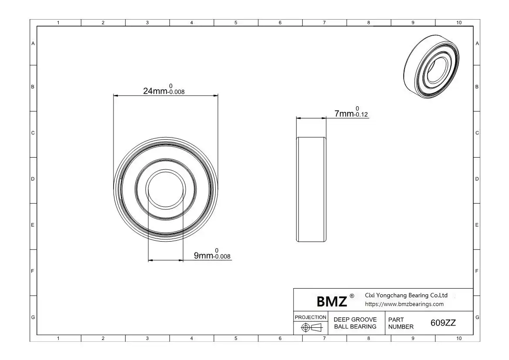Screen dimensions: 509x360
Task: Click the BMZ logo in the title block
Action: [332, 302]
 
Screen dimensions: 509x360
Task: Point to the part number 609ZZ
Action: [443, 323]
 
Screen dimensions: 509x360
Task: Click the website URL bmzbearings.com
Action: [404, 304]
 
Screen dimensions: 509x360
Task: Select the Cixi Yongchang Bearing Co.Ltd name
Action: [406, 295]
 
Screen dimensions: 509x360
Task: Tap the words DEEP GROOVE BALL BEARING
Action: [355, 323]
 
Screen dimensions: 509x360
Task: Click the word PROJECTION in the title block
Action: [310, 317]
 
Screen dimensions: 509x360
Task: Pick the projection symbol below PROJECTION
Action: [311, 327]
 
